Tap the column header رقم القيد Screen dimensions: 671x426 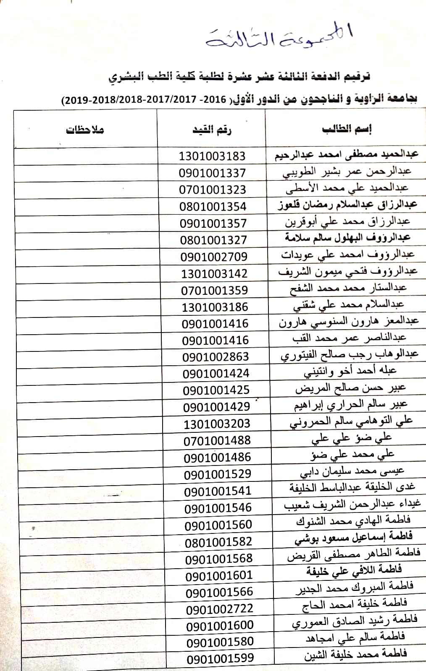point(212,130)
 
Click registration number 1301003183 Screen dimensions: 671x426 point(212,156)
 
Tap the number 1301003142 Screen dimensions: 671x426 point(214,273)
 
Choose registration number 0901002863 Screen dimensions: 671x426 point(216,357)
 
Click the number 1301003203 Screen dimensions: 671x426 point(217,424)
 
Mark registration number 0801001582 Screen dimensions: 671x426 point(218,542)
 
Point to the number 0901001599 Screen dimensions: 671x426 point(220,658)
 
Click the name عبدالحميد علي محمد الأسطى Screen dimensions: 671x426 point(347,188)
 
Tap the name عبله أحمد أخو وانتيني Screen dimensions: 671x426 point(350,372)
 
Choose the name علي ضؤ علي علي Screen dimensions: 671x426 point(351,439)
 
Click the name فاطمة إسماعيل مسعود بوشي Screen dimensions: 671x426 point(353,537)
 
